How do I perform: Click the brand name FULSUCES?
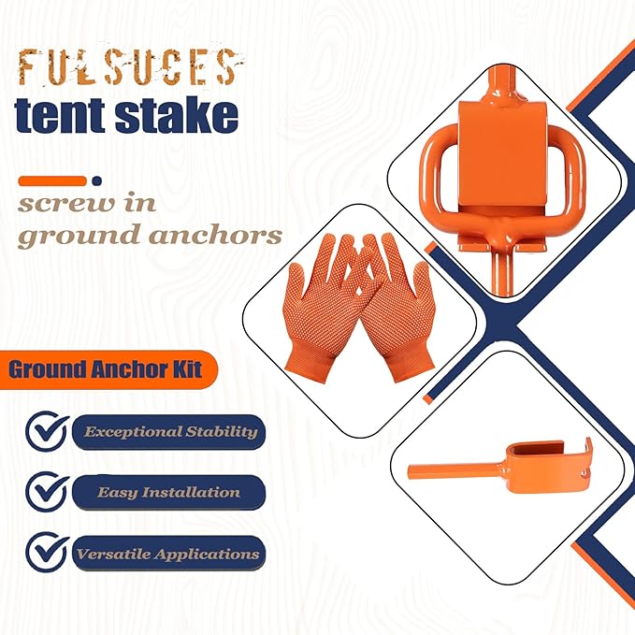coord(126,69)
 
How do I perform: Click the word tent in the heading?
coord(62,116)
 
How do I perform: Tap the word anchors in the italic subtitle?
coord(216,234)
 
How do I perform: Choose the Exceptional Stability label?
coord(169,432)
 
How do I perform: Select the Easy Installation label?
coord(169,492)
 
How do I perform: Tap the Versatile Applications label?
coord(168,553)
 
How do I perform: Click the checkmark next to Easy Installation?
coord(46,490)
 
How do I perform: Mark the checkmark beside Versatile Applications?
coord(46,552)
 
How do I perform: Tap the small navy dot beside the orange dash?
coord(97,180)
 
